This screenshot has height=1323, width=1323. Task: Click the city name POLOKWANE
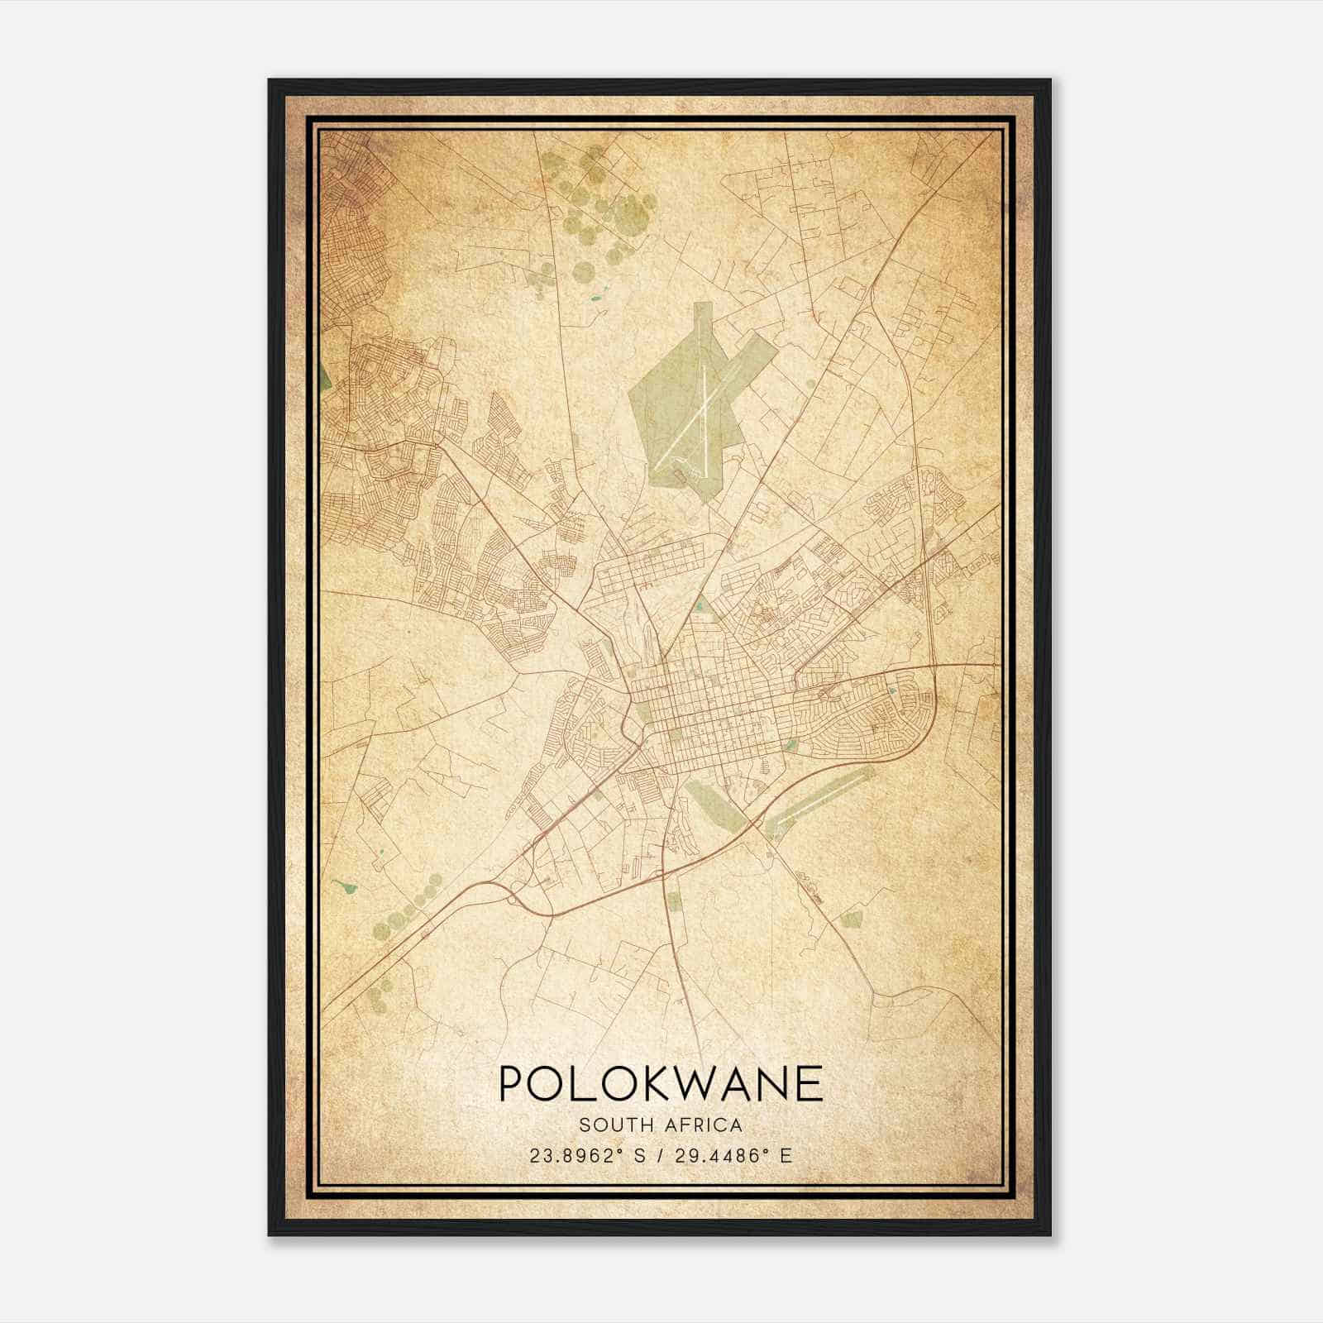(661, 1083)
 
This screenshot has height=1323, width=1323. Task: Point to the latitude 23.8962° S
(589, 1155)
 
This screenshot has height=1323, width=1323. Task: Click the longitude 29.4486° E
(729, 1155)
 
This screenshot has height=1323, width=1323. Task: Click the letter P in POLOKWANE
(513, 1083)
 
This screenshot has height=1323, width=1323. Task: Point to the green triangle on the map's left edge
(326, 376)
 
